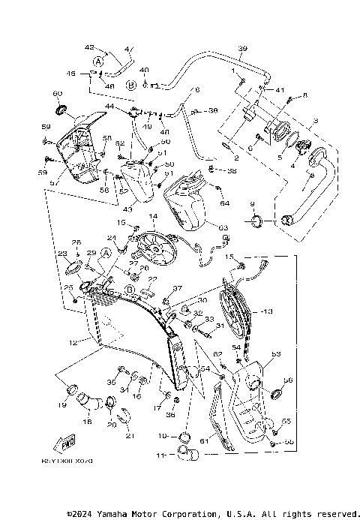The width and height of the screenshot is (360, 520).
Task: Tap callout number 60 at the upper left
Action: tap(56, 94)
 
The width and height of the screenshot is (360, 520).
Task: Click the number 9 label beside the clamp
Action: tap(252, 204)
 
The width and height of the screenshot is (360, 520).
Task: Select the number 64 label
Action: tap(225, 203)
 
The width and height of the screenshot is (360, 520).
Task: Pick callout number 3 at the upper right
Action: tap(316, 119)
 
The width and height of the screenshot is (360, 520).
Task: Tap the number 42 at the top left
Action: tap(89, 47)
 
